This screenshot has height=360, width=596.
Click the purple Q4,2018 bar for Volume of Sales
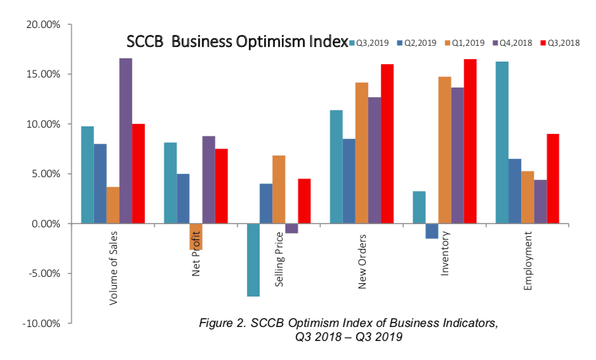click(x=126, y=141)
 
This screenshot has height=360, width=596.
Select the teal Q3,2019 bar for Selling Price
click(x=253, y=260)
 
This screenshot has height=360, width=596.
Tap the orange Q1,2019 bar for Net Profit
click(x=195, y=236)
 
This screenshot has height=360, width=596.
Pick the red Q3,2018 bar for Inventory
click(x=470, y=141)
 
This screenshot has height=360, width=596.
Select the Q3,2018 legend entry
click(x=562, y=43)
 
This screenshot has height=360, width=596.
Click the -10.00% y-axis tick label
click(x=40, y=323)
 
